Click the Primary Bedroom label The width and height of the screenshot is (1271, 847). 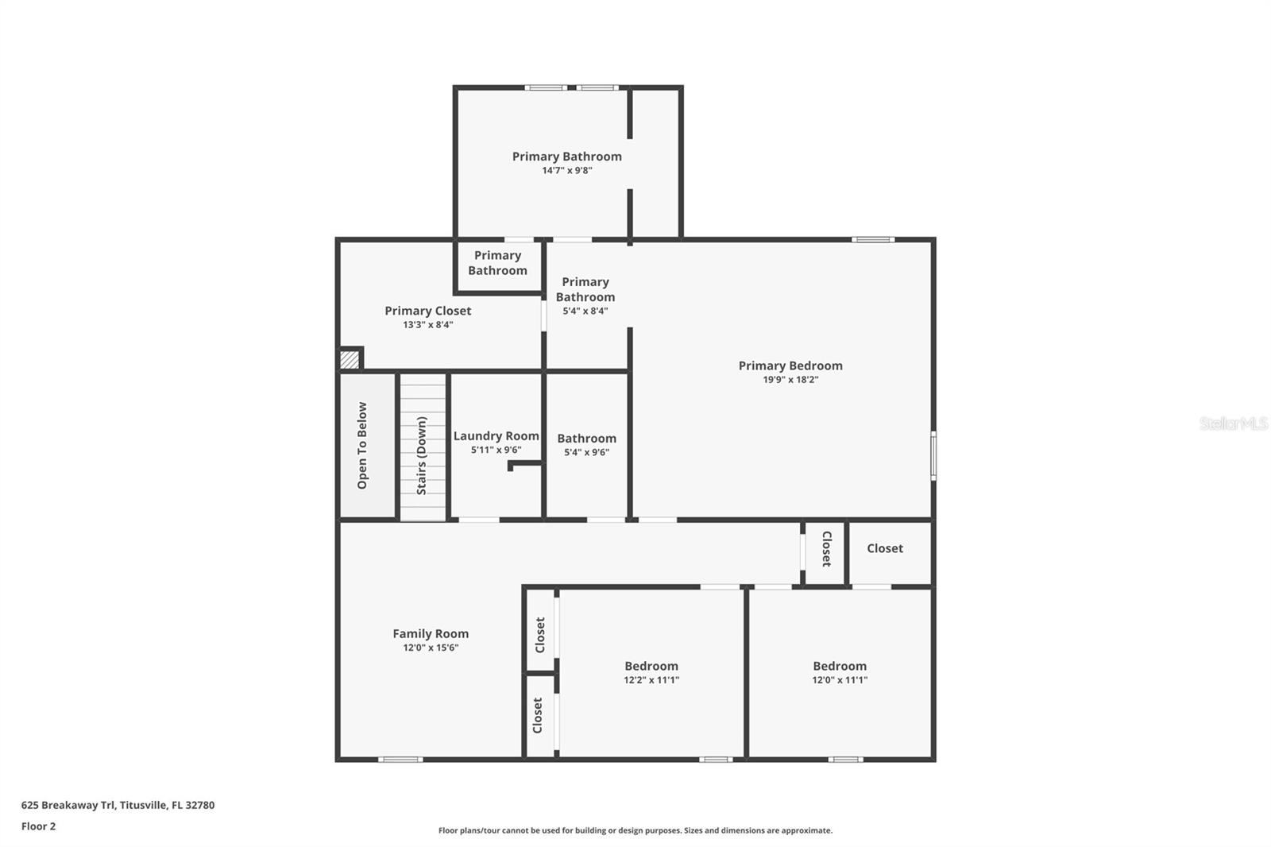coord(790,365)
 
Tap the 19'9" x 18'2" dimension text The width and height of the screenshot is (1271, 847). coord(790,380)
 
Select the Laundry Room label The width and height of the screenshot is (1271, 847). coord(496,435)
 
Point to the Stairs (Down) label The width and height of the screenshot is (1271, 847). coord(422,455)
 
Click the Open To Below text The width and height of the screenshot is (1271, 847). coord(362,445)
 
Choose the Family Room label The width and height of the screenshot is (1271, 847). coord(431,633)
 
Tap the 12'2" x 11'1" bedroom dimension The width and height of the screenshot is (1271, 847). coord(651,680)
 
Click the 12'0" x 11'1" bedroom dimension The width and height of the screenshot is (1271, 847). coord(839,680)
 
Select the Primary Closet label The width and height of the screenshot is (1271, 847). coord(427,311)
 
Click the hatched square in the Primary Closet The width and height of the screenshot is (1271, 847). coord(350,359)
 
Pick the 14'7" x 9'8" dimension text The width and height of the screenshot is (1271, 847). coord(567,170)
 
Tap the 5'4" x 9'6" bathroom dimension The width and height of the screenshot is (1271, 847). coord(586,452)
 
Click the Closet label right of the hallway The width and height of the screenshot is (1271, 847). coord(884,548)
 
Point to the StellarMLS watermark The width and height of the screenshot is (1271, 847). coord(1233,423)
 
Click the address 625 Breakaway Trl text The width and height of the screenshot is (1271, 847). coord(118,805)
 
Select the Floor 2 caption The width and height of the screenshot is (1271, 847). coord(38,826)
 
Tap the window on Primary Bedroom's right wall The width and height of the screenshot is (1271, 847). coord(933,455)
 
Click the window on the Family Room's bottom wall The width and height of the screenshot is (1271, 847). coord(400,760)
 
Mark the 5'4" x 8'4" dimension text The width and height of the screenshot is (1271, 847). coord(585,311)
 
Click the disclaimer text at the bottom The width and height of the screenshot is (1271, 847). coord(635,830)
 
